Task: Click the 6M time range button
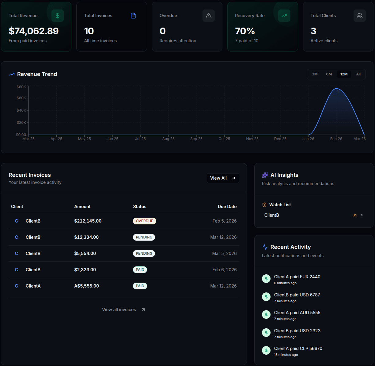coord(329,74)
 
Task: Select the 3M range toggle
coord(315,74)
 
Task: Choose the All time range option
coord(358,74)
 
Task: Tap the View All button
coord(223,178)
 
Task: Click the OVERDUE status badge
coord(144,221)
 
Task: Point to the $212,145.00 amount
coord(88,221)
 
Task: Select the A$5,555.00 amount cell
coord(86,286)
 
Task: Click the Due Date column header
coord(227,207)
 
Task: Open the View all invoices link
coord(123,310)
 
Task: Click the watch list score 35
coord(355,215)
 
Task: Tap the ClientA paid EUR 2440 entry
coord(297,277)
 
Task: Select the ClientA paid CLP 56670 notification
coord(298,349)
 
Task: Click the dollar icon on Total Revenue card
coord(58,16)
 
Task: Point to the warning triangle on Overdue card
coord(209,16)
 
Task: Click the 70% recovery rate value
coord(245,31)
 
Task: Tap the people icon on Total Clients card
coord(360,16)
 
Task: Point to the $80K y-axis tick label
coord(21,87)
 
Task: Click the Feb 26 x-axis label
coord(336,139)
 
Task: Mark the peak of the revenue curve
coord(336,89)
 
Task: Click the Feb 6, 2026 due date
coord(224,270)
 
